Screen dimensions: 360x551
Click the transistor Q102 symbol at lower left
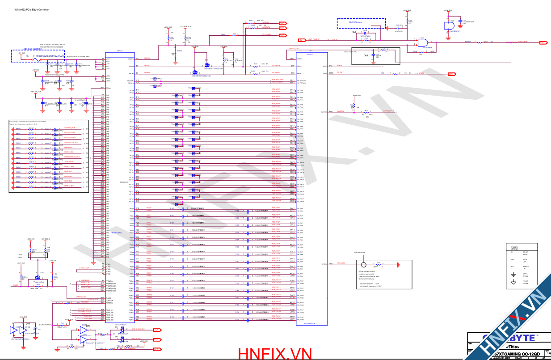pyautogui.click(x=38, y=277)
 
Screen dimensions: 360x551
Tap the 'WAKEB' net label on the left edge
pyautogui.click(x=16, y=285)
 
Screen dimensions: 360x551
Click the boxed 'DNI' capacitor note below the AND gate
pyautogui.click(x=366, y=55)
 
